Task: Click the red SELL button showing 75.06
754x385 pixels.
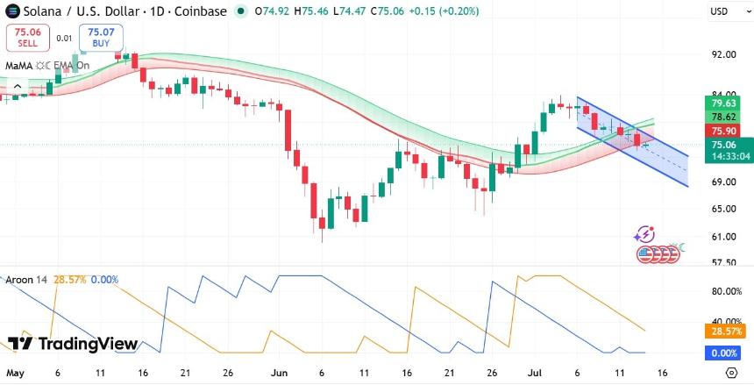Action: pos(27,38)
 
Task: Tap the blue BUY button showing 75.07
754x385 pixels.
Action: pos(101,38)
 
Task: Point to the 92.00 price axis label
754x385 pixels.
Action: pos(722,54)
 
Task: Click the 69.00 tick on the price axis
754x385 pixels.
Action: pos(722,182)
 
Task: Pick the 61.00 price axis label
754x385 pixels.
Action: pos(722,237)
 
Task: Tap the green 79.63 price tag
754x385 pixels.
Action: pos(723,103)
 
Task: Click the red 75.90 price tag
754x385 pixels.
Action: pos(723,131)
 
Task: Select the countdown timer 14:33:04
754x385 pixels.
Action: pos(729,156)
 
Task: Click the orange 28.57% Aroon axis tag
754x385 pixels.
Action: pos(725,332)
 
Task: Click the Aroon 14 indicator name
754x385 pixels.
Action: pos(26,280)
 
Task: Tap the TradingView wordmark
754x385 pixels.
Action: pos(73,344)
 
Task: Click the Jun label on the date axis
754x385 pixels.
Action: pos(279,373)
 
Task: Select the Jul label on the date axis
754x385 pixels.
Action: pos(535,373)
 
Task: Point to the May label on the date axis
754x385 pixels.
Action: pos(16,373)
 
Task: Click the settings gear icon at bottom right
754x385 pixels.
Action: pos(731,373)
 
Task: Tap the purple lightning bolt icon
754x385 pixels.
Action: pos(644,234)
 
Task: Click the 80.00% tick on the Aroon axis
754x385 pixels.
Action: pos(726,292)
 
